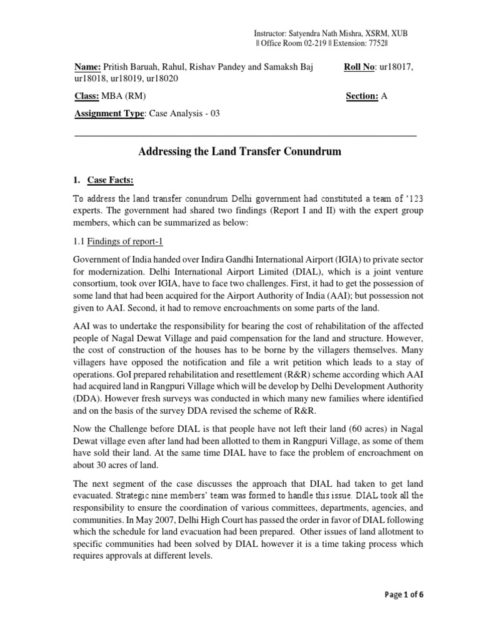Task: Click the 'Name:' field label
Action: point(87,67)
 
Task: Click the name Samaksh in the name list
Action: point(279,67)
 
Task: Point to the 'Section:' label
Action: point(362,96)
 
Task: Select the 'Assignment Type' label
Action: point(109,113)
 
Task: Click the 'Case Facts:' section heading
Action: point(111,181)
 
